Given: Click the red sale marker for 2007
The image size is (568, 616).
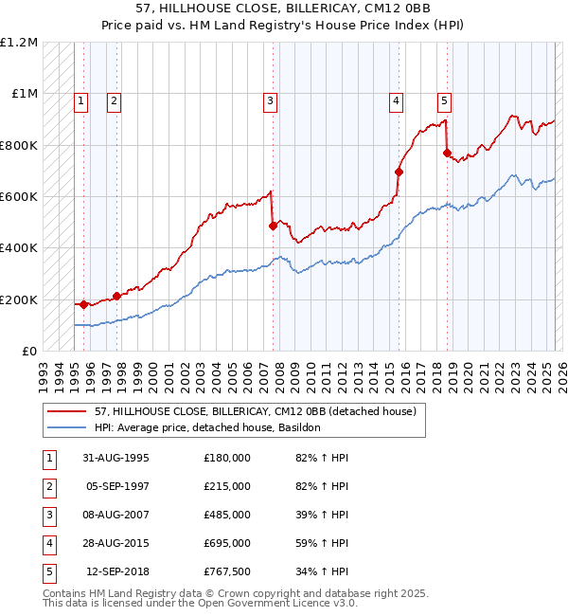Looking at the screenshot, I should point(273,226).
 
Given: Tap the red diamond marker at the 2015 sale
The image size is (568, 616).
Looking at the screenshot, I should point(399,172).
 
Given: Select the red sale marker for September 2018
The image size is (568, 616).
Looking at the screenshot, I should point(447,154).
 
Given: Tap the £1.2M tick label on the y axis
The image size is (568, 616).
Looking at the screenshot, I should point(19,43).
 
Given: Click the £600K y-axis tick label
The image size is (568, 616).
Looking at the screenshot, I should point(19,197).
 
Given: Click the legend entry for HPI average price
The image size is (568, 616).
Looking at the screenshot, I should point(207,427).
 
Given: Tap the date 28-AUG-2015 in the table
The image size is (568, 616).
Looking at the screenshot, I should point(115,543).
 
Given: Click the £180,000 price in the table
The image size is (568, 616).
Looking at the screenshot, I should point(226,458).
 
